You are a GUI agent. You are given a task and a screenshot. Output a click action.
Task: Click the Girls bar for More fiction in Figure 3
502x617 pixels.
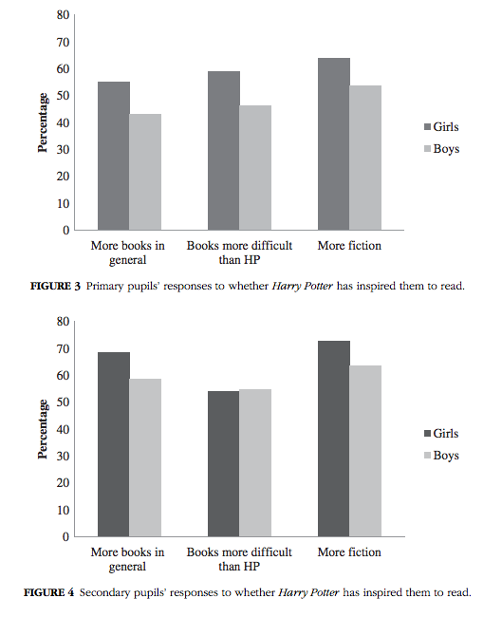point(334,144)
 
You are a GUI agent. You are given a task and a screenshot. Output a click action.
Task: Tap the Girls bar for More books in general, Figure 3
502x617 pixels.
point(114,156)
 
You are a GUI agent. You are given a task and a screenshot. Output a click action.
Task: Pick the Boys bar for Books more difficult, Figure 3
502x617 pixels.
point(255,167)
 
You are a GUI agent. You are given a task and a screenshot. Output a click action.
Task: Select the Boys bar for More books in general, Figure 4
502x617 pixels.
point(145,458)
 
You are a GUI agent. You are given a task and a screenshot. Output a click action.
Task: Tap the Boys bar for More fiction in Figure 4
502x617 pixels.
point(365,451)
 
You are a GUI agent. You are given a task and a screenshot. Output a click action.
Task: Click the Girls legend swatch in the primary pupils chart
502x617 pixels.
point(426,126)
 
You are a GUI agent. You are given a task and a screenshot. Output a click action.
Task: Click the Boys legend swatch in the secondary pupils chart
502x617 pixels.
point(426,456)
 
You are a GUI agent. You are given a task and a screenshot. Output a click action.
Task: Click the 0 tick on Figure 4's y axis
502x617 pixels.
point(65,536)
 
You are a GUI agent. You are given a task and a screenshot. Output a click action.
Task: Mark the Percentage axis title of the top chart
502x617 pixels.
point(42,122)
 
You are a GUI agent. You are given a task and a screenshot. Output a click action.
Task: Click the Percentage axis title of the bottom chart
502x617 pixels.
point(42,429)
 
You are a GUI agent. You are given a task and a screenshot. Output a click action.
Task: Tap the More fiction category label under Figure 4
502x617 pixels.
point(349,552)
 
